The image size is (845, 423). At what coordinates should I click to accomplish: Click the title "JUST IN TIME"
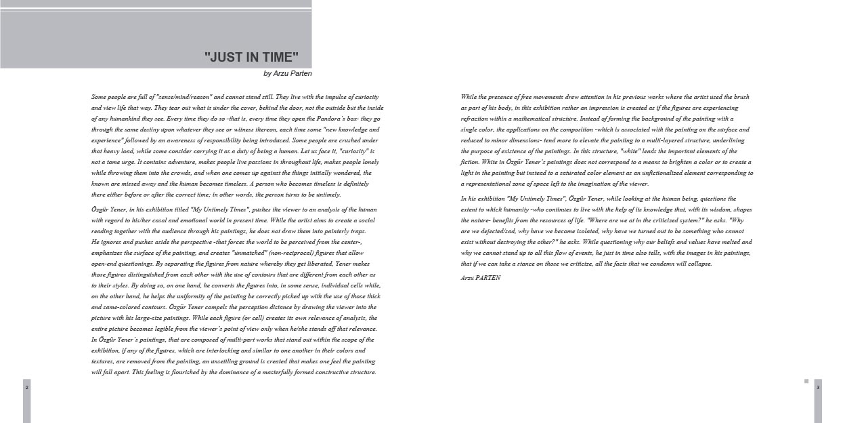point(251,57)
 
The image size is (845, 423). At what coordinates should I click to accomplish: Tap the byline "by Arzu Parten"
point(287,73)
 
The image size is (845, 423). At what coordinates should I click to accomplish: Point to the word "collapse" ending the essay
point(697,264)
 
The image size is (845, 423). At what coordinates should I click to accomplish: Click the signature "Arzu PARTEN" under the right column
point(480,278)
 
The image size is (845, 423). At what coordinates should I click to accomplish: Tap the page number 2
point(26,387)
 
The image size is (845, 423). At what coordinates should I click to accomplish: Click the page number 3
point(818,387)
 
